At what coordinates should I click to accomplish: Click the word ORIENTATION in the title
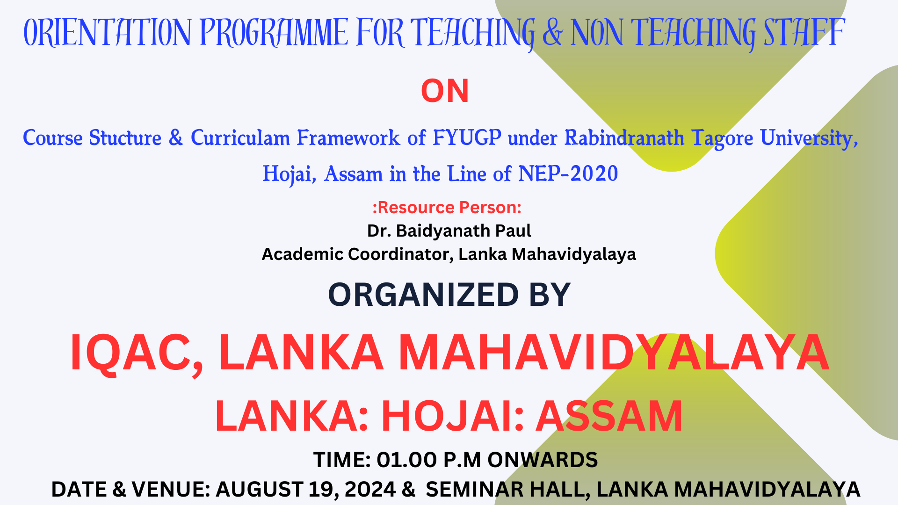(x=107, y=32)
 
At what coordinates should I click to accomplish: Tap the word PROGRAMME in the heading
(x=274, y=32)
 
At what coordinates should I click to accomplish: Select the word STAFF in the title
(x=804, y=32)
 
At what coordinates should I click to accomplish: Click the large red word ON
(x=445, y=91)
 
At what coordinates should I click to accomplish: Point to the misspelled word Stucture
(x=125, y=138)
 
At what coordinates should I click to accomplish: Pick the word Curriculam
(x=240, y=138)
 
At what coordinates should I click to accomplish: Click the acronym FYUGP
(x=467, y=138)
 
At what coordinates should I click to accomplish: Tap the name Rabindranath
(x=624, y=138)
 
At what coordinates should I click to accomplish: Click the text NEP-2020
(x=568, y=173)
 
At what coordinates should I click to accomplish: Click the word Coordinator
(x=400, y=254)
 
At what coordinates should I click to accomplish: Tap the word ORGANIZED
(x=423, y=295)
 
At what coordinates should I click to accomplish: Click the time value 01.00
(x=407, y=460)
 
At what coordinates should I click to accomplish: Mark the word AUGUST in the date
(x=259, y=490)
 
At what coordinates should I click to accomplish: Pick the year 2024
(x=370, y=490)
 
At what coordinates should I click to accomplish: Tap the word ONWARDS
(x=543, y=460)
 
